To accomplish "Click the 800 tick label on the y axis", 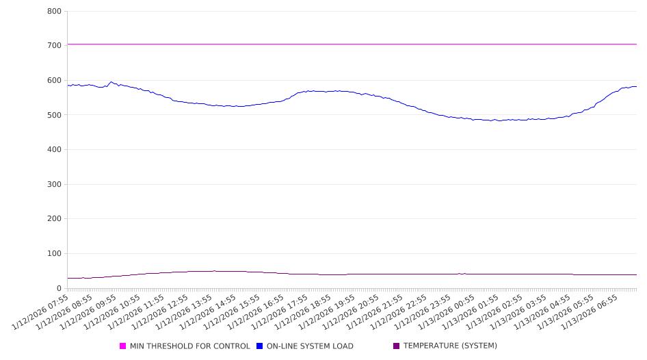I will [x=55, y=12].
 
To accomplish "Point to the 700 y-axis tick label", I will [x=55, y=46].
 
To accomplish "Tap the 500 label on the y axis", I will [x=55, y=115].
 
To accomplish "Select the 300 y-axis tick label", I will [x=55, y=185].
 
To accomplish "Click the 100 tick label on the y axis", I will [x=55, y=254].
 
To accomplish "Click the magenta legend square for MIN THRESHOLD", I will [x=123, y=346].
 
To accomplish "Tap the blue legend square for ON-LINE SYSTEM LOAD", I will [x=260, y=346].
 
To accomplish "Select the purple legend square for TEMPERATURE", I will [x=397, y=346].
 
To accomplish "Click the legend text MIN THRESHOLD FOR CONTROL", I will [x=189, y=346].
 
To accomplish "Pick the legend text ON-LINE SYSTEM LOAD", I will [x=310, y=346].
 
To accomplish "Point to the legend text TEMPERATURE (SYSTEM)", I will [x=450, y=346].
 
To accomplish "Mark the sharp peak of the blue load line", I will [x=111, y=82].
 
